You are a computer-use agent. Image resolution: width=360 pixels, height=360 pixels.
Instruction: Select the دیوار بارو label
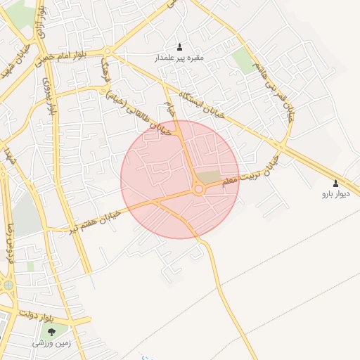335,192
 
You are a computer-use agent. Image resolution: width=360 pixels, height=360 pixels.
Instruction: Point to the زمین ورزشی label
51,342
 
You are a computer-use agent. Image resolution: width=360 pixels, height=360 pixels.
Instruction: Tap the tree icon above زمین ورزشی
51,331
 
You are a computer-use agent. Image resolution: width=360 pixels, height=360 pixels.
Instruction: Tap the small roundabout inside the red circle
199,189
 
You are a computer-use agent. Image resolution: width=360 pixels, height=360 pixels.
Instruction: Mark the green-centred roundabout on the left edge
8,285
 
